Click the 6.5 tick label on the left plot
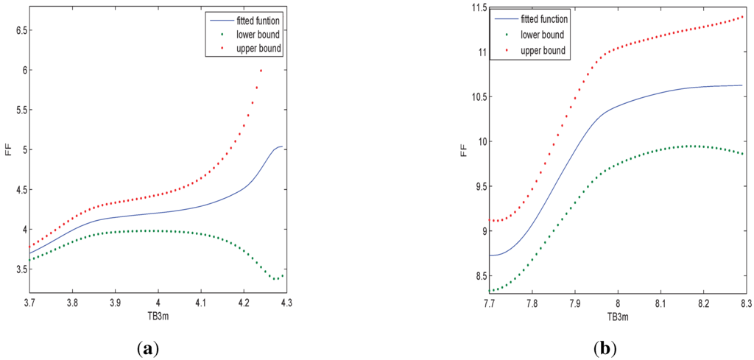click(11, 30)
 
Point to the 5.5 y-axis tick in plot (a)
click(11, 110)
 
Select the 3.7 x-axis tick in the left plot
click(29, 303)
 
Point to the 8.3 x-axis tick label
click(745, 303)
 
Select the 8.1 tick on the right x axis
click(660, 303)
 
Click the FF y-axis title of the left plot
click(7, 158)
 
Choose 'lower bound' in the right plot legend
click(540, 35)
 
